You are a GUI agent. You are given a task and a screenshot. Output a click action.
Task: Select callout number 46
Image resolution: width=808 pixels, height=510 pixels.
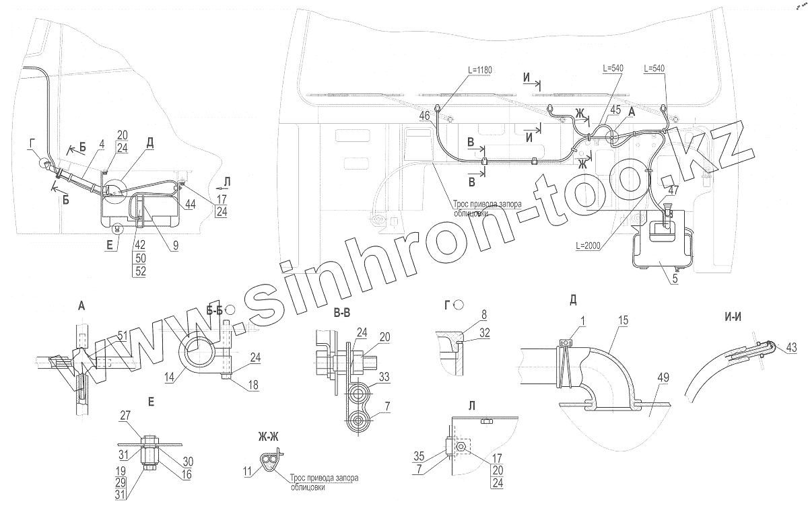tap(424, 116)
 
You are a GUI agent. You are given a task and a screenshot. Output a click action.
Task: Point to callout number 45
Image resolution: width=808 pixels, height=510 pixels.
tap(615, 110)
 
